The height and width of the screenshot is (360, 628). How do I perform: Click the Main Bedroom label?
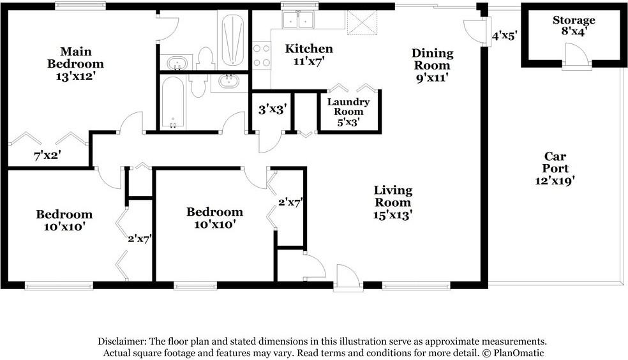pyautogui.click(x=75, y=57)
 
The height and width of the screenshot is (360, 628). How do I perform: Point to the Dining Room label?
pyautogui.click(x=432, y=59)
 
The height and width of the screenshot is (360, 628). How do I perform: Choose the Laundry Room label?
pyautogui.click(x=348, y=107)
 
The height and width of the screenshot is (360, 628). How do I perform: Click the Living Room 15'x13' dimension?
pyautogui.click(x=393, y=215)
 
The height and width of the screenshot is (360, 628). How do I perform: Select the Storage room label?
pyautogui.click(x=574, y=20)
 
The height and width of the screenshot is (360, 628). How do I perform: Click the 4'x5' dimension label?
pyautogui.click(x=504, y=36)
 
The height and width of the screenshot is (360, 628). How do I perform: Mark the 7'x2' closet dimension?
pyautogui.click(x=48, y=154)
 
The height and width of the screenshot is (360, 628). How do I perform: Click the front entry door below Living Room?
pyautogui.click(x=348, y=278)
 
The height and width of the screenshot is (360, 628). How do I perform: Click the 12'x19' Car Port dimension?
pyautogui.click(x=555, y=181)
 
